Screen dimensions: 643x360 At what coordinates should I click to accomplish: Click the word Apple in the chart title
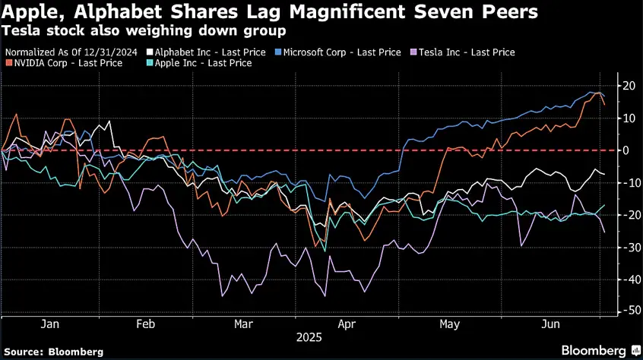(x=33, y=12)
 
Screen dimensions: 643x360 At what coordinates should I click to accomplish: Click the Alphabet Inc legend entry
(x=206, y=52)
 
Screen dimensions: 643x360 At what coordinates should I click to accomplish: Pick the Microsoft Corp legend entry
(x=338, y=52)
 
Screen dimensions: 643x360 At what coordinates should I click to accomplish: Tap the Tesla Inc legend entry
(x=463, y=52)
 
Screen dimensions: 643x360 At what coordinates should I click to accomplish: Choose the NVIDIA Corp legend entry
(x=64, y=63)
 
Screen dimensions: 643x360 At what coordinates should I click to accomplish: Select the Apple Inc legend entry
(x=199, y=63)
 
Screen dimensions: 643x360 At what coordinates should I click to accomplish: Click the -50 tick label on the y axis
(x=626, y=311)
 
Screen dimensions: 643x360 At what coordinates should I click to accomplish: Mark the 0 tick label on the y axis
(x=626, y=150)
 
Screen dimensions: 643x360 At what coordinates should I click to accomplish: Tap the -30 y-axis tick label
(x=626, y=248)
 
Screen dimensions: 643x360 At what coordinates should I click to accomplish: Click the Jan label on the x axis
(x=49, y=324)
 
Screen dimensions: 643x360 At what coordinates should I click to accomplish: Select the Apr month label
(x=347, y=324)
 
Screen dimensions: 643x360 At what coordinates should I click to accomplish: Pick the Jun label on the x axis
(x=550, y=324)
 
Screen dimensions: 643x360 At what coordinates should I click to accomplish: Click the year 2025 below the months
(x=309, y=337)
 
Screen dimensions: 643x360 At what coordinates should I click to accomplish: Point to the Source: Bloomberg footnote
(x=53, y=352)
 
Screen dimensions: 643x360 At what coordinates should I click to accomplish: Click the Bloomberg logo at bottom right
(x=600, y=351)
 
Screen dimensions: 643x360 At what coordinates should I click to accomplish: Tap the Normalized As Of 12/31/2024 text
(x=71, y=52)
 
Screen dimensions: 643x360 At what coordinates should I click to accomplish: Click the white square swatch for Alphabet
(x=150, y=52)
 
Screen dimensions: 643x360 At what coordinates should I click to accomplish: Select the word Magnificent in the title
(x=347, y=12)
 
